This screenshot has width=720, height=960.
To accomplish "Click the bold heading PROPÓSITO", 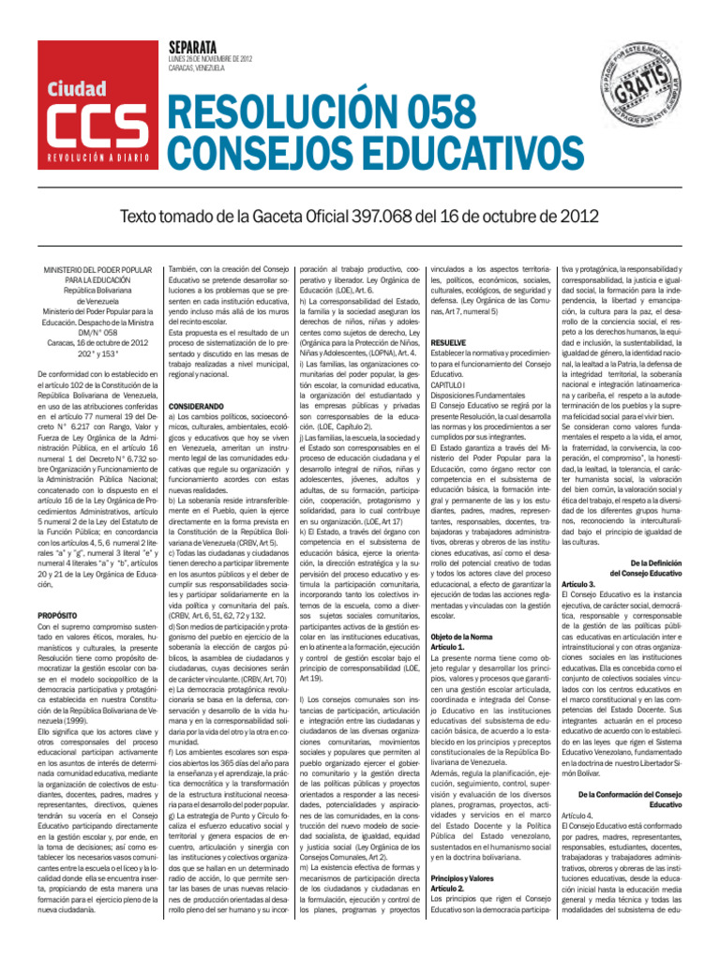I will tap(57, 619).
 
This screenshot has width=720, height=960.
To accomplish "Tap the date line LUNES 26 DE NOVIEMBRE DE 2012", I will tap(205, 59).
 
